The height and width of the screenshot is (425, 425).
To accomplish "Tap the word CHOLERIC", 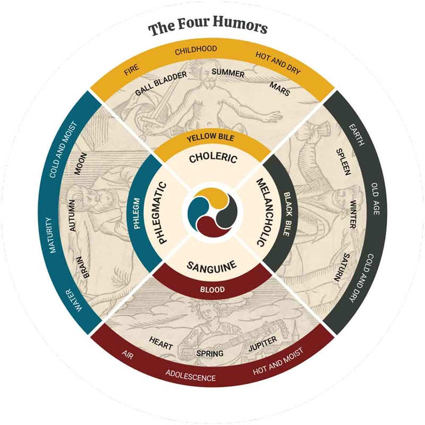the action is pos(213,158).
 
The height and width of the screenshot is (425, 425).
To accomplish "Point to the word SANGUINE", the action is pos(211,266).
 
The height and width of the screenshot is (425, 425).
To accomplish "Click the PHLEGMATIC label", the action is pos(162,213).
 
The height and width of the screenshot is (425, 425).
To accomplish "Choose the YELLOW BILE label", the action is pos(210,138).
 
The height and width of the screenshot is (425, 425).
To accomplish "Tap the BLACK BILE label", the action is pos(287,214).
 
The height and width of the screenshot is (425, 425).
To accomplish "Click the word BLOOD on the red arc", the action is pos(212,290).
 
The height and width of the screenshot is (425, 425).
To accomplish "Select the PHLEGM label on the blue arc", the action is pos(137,214).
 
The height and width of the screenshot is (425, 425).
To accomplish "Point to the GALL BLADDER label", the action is pos(161,83).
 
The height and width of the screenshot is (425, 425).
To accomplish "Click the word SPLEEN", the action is pos(344,162).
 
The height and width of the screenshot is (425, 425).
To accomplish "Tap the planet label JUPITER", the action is pos(262,343).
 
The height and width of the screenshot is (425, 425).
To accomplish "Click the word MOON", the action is pos(81,164).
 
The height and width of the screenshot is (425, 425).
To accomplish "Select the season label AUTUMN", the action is pos(72,216).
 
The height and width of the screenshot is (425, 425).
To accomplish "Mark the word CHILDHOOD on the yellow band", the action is pos(195,50).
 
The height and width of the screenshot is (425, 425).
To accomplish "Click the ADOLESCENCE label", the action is pos(191,376).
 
